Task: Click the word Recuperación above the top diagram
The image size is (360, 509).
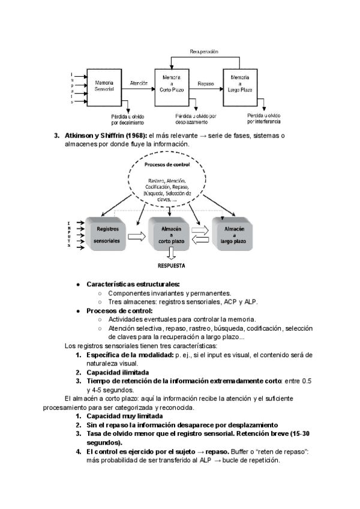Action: pyautogui.click(x=204, y=53)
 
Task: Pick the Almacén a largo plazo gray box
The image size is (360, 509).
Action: pyautogui.click(x=233, y=234)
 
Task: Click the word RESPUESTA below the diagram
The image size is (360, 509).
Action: pyautogui.click(x=171, y=265)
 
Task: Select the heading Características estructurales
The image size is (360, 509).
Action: pyautogui.click(x=133, y=284)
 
